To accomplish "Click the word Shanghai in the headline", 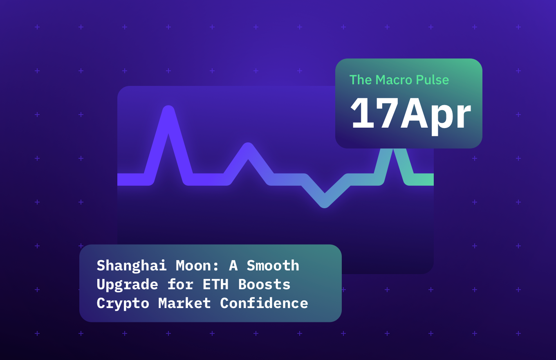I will [x=132, y=266].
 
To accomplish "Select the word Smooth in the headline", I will [x=273, y=266].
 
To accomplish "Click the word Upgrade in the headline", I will [x=127, y=285].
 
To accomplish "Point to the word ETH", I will [x=215, y=285].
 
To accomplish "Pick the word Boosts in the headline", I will [x=264, y=285].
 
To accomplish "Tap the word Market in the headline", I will [x=184, y=304].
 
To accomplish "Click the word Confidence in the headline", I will [x=264, y=304].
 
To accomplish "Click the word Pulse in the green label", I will [x=433, y=80].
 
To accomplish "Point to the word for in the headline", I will [x=180, y=285].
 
